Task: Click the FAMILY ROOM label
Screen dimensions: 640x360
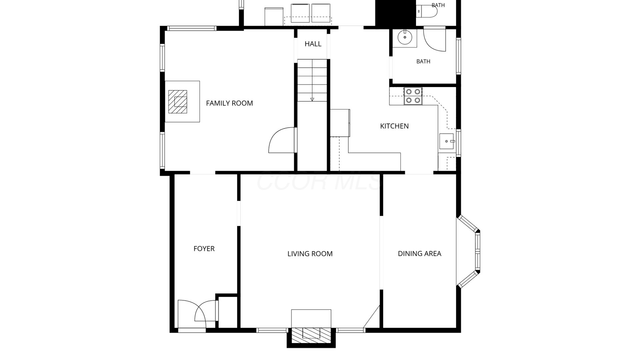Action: tap(229, 103)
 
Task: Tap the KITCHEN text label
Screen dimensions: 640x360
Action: tap(394, 126)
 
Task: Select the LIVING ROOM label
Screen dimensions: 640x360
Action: tap(310, 254)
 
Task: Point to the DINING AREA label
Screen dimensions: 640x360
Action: tap(419, 254)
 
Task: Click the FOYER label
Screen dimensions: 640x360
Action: tap(204, 249)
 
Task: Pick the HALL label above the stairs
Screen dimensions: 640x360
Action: tap(313, 44)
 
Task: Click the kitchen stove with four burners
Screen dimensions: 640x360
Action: tap(413, 96)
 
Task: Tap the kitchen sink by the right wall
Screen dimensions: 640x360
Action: tap(447, 141)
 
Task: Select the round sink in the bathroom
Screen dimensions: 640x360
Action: tap(405, 37)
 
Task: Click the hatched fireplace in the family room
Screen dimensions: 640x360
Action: tap(178, 102)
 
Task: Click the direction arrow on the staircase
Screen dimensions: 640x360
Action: tap(312, 99)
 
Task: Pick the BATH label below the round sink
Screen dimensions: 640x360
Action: tap(423, 61)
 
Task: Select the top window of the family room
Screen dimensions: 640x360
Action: tap(192, 28)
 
